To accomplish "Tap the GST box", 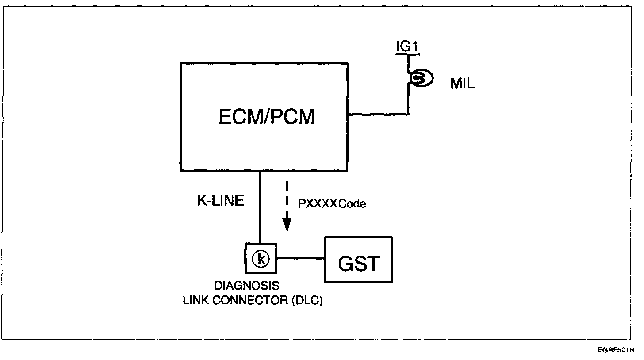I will [x=358, y=260].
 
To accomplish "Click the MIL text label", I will [x=463, y=84].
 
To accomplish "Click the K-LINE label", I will [x=220, y=200].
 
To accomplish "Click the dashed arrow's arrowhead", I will [x=287, y=226].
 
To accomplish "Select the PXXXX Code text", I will [x=332, y=204].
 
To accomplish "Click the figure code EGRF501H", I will [x=618, y=351].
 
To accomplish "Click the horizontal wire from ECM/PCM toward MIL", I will [x=378, y=115].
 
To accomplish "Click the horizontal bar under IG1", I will [x=407, y=54].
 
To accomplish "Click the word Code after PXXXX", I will [x=353, y=204].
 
